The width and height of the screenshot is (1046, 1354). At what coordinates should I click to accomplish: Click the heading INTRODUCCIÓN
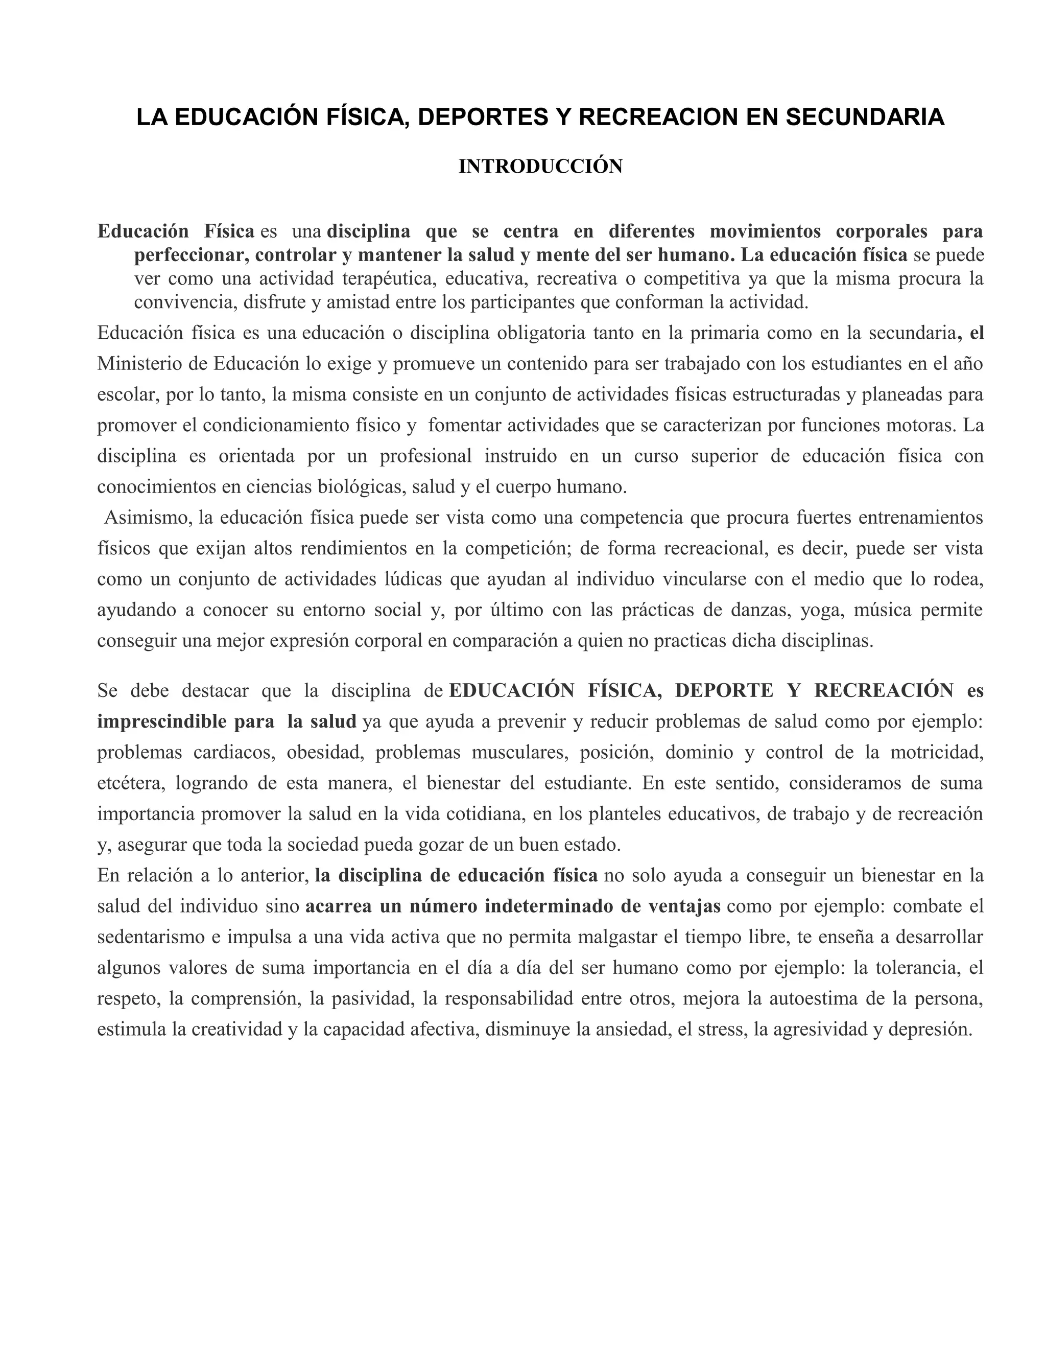(540, 167)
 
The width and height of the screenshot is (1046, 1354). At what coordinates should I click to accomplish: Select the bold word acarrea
(338, 906)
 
